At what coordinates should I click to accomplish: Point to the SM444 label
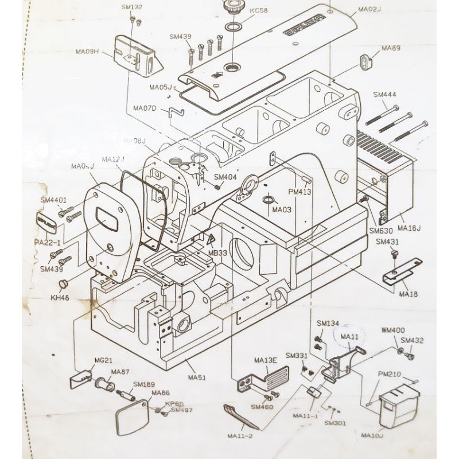click(x=385, y=95)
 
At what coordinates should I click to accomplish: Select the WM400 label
click(x=393, y=330)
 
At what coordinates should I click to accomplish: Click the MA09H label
click(x=88, y=52)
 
